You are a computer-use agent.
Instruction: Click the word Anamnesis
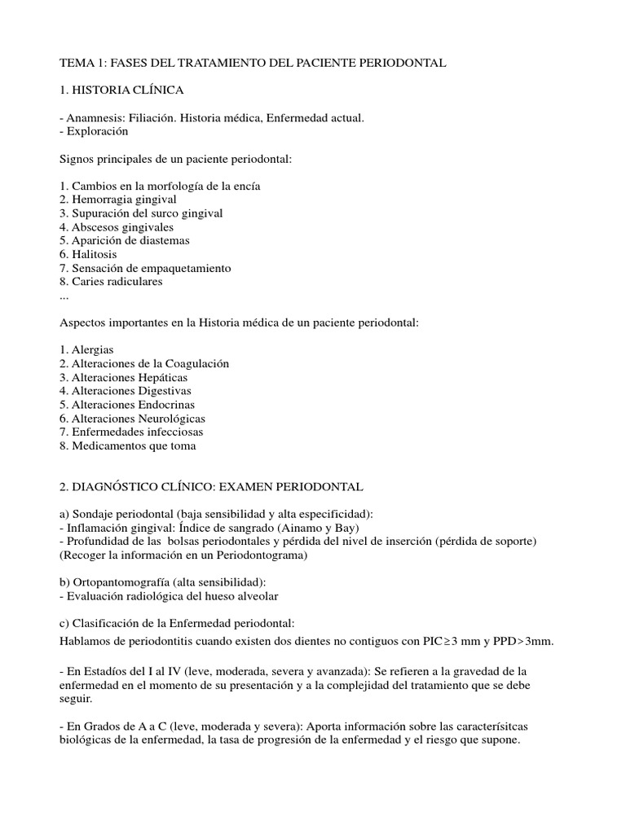click(x=95, y=118)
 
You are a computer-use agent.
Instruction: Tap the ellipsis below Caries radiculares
click(x=65, y=295)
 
